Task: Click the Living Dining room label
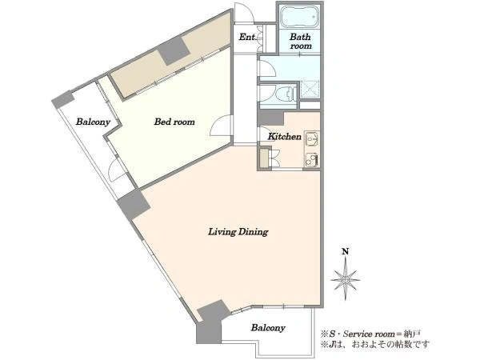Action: (238, 232)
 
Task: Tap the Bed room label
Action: (174, 122)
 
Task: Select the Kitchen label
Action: (285, 137)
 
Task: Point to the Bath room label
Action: (301, 42)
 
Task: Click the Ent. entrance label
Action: (246, 38)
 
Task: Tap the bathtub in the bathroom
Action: (299, 17)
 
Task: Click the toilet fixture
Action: (286, 94)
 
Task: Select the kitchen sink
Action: (312, 139)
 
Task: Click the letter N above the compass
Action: (346, 252)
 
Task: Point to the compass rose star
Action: (346, 279)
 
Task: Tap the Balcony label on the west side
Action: (93, 122)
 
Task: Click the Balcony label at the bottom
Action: (268, 328)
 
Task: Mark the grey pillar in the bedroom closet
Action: (174, 51)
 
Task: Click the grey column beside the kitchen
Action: (271, 118)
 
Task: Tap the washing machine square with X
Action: (310, 90)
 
